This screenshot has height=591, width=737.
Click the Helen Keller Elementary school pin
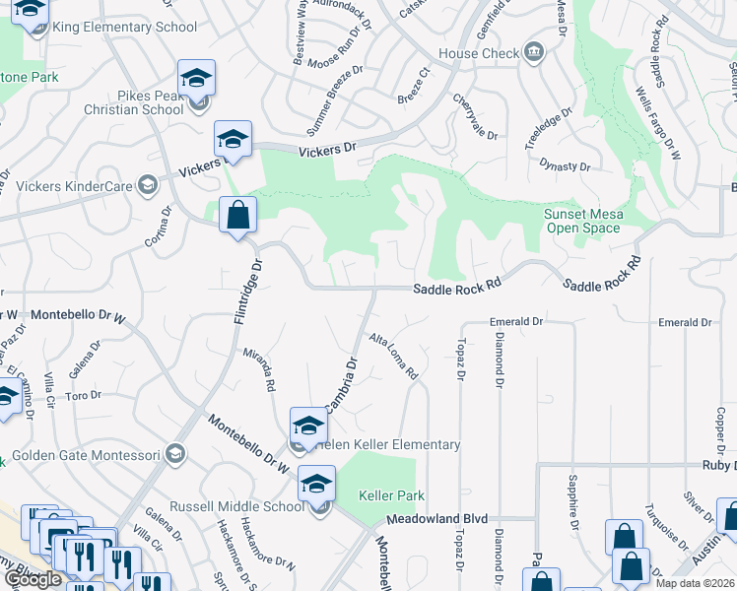pyautogui.click(x=307, y=427)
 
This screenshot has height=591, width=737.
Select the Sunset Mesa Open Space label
pyautogui.click(x=582, y=221)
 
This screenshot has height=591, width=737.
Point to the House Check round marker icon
pyautogui.click(x=534, y=51)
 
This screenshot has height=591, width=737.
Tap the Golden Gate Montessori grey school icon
pyautogui.click(x=175, y=454)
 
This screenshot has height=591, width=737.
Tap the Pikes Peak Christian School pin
pyautogui.click(x=196, y=78)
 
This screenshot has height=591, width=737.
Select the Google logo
pyautogui.click(x=33, y=579)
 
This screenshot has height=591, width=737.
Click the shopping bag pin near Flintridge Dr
pyautogui.click(x=237, y=215)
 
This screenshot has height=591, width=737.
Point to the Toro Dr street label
pyautogui.click(x=84, y=396)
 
